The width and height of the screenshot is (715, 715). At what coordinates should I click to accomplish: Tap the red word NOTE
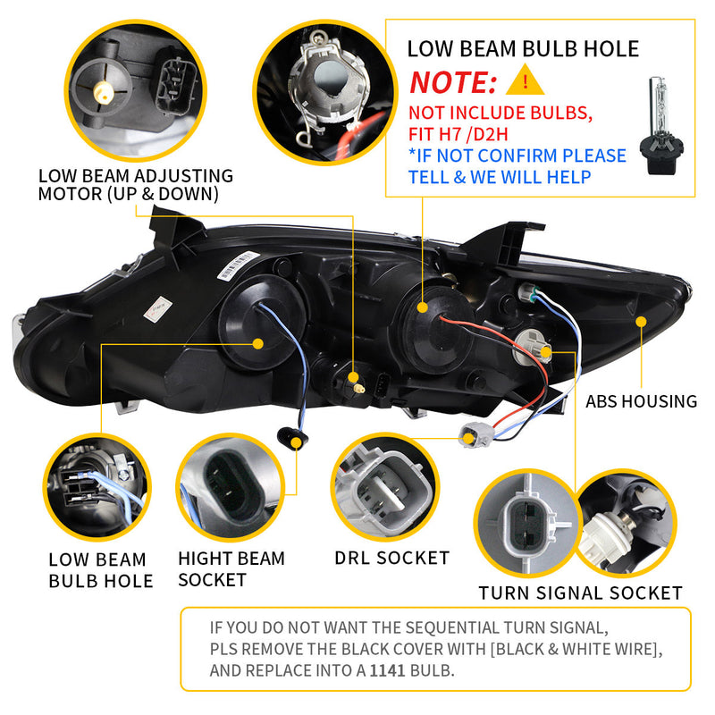tap(453, 83)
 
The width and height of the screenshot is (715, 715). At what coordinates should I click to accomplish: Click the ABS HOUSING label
tap(641, 401)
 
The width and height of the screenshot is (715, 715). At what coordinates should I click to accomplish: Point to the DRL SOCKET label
tap(391, 558)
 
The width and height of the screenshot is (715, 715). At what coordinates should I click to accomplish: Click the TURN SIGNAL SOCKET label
tap(580, 593)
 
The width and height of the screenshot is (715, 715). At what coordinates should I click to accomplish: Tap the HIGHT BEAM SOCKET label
tap(231, 569)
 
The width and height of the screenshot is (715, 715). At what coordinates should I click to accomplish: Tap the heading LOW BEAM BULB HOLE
tap(523, 48)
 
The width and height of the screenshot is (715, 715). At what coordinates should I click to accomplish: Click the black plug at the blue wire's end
tap(289, 436)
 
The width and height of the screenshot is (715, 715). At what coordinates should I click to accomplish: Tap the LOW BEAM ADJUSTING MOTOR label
tap(135, 185)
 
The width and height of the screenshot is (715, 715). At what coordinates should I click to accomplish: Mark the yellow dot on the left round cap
tap(258, 343)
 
